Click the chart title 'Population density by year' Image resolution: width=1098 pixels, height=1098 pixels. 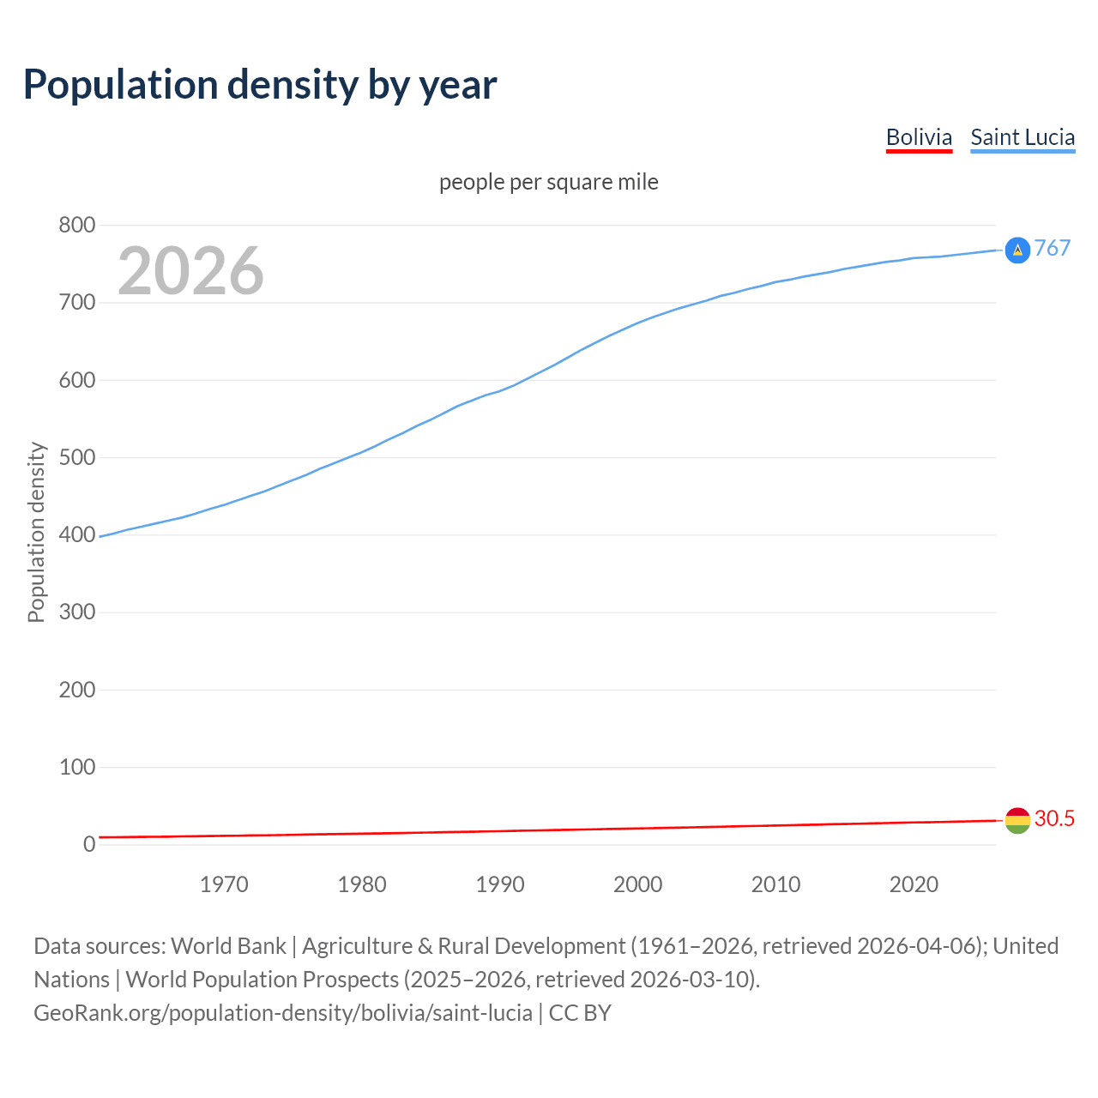[260, 84]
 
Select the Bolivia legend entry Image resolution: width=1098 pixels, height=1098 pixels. [919, 137]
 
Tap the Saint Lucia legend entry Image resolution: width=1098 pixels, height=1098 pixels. [1023, 137]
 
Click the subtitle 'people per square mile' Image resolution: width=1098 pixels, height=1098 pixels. [549, 182]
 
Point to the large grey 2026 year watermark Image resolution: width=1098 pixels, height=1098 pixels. [190, 271]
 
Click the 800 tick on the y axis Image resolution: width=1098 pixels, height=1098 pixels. [76, 226]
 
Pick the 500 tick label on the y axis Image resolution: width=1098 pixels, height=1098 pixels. [76, 457]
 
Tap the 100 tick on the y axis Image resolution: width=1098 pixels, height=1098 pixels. [76, 767]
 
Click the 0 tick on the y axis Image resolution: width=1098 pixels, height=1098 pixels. [89, 844]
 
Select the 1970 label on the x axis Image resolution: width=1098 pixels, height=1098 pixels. [224, 884]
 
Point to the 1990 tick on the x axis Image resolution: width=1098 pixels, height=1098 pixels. [500, 884]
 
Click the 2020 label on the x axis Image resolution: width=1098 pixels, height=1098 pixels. [914, 884]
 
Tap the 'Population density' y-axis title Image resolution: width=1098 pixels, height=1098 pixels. [36, 532]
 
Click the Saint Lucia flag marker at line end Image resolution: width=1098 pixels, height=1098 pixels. [1017, 250]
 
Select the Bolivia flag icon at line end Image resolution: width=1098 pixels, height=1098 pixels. [1017, 820]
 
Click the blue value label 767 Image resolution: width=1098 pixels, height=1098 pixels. [1053, 248]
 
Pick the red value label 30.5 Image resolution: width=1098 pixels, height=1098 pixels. [1054, 818]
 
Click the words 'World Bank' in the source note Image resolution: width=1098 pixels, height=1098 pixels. [228, 945]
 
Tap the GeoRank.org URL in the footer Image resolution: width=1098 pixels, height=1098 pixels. [283, 1012]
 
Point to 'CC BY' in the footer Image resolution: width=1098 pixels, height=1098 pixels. [580, 1012]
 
